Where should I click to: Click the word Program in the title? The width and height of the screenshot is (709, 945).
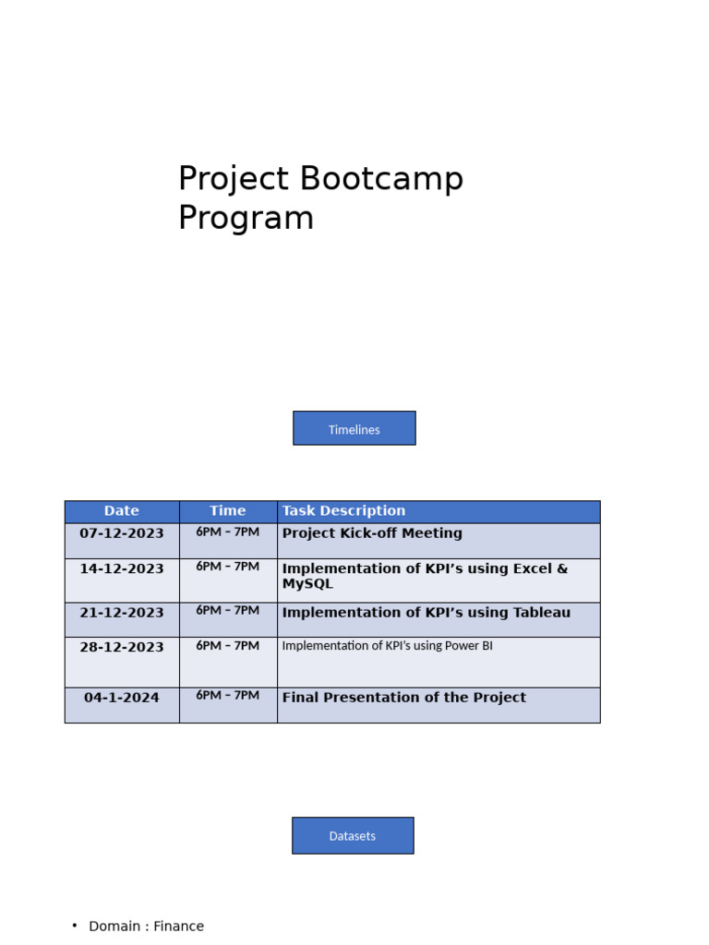tap(246, 219)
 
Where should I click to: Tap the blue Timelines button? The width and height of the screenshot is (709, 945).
tap(354, 428)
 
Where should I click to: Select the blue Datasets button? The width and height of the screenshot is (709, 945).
tap(353, 835)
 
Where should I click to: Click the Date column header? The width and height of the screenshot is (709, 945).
tap(122, 511)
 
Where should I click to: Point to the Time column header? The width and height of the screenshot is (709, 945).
tap(228, 511)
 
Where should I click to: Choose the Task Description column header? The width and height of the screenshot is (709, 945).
tap(343, 511)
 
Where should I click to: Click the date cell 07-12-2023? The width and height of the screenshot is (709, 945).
tap(122, 533)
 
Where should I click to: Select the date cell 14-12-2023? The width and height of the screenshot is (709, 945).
tap(122, 568)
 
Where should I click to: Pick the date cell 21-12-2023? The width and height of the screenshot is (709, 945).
tap(122, 613)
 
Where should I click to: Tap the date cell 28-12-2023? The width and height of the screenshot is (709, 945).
tap(122, 647)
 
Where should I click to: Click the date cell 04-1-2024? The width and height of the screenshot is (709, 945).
tap(122, 698)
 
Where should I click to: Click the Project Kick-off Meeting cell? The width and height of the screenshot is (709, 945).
tap(372, 533)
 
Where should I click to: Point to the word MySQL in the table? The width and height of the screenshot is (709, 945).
tap(307, 584)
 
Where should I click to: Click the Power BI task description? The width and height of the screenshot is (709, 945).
tap(387, 646)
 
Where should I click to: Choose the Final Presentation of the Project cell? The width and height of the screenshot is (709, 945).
tap(403, 698)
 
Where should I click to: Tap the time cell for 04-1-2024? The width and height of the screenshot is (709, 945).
tap(228, 696)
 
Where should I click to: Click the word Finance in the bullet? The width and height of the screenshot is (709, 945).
tap(178, 927)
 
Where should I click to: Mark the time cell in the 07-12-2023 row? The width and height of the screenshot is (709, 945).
tap(228, 532)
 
